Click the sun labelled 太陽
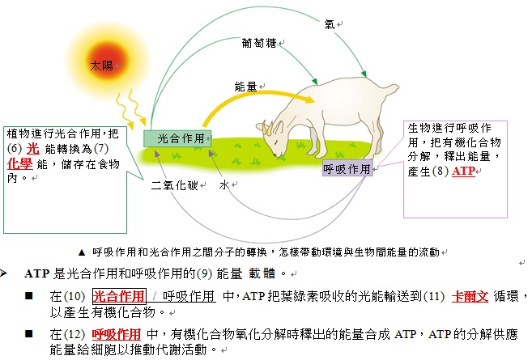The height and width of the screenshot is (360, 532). [109, 63]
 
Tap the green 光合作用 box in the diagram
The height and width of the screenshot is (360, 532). [177, 138]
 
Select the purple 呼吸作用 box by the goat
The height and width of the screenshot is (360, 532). [347, 168]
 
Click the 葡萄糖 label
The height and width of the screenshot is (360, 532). [259, 43]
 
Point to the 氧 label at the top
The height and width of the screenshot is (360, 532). [330, 24]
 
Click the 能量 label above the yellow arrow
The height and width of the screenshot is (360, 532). [245, 87]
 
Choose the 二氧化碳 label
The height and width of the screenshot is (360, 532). [174, 185]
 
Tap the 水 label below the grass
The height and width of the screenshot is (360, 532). [224, 185]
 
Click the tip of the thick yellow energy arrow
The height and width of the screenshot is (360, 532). [314, 100]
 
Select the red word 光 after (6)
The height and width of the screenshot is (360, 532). [33, 149]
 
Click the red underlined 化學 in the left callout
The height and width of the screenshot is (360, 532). [20, 164]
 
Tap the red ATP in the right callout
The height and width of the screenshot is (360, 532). [463, 171]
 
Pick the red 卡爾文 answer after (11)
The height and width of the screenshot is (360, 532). [470, 297]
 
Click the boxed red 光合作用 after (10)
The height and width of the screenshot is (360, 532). [119, 296]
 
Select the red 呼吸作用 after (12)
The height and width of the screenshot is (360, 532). [117, 334]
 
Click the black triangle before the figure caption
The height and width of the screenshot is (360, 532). [82, 252]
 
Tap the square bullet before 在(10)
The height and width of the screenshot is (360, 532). [29, 296]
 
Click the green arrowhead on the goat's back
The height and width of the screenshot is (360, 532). [364, 74]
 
